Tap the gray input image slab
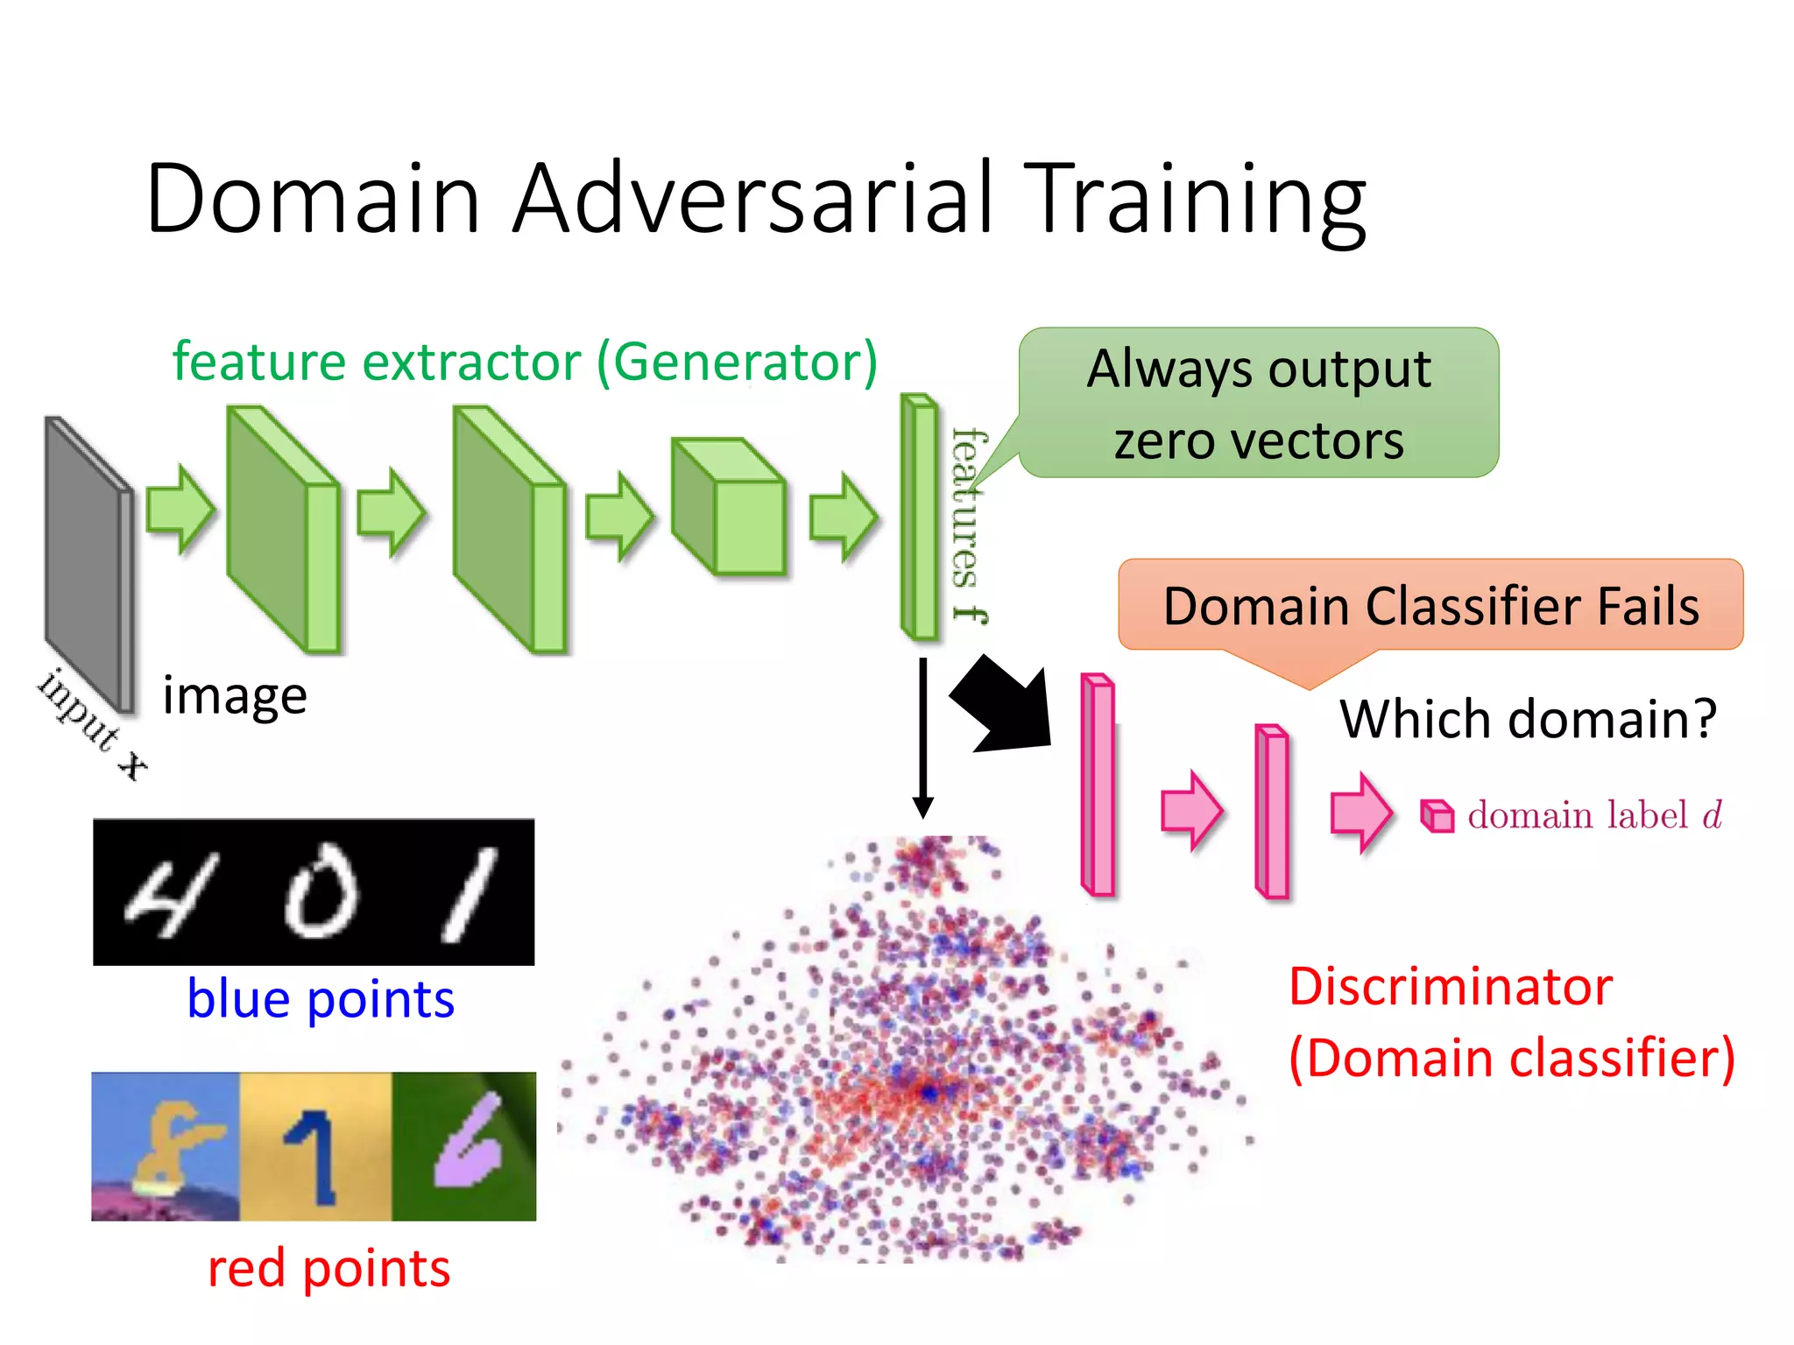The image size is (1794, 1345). [88, 560]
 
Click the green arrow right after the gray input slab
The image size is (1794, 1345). [180, 510]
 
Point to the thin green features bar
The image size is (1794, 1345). [920, 517]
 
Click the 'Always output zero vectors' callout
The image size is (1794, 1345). [1259, 404]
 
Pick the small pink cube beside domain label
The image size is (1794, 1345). [1437, 815]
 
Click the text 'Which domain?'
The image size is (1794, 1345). [1528, 719]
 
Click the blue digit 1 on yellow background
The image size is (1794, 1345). [313, 1154]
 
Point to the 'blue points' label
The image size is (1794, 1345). [321, 999]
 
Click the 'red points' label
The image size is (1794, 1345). [328, 1269]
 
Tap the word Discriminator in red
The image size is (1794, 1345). [1451, 987]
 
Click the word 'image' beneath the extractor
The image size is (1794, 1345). [235, 697]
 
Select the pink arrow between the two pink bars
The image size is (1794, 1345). [1190, 811]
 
